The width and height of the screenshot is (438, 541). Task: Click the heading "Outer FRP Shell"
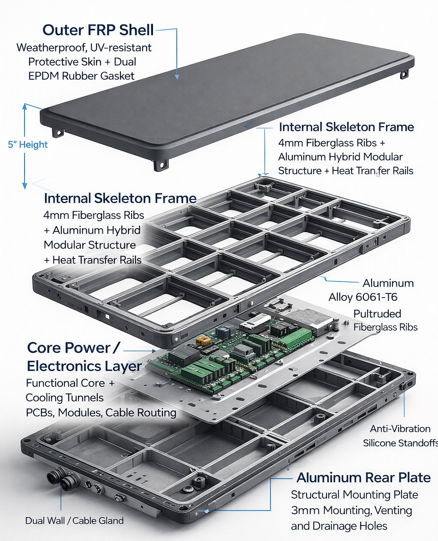pyautogui.click(x=98, y=30)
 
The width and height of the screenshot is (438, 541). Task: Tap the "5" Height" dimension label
pyautogui.click(x=28, y=145)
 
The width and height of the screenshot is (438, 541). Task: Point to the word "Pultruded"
pyautogui.click(x=377, y=314)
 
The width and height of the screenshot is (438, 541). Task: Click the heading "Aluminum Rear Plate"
pyautogui.click(x=363, y=478)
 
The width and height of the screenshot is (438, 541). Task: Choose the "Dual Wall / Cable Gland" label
pyautogui.click(x=74, y=521)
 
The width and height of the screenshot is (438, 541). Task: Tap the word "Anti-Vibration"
pyautogui.click(x=400, y=429)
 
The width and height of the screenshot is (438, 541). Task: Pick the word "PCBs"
pyautogui.click(x=39, y=412)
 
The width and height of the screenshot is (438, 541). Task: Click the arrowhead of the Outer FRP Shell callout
pyautogui.click(x=177, y=77)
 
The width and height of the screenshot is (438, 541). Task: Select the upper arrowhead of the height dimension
pyautogui.click(x=25, y=107)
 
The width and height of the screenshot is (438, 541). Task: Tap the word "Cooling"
pyautogui.click(x=44, y=398)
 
